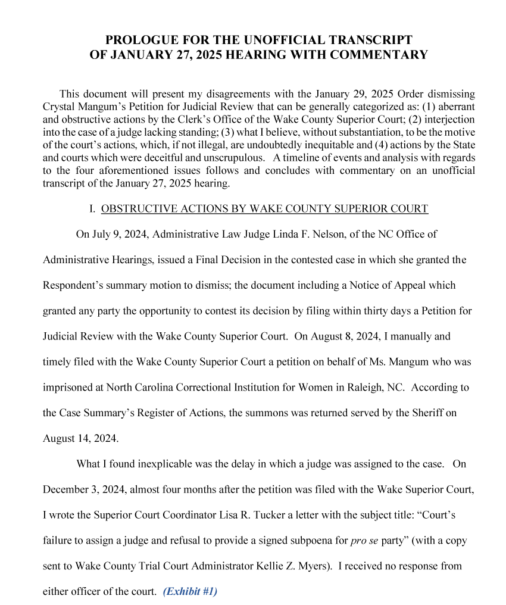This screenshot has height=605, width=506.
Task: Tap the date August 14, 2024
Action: click(x=81, y=438)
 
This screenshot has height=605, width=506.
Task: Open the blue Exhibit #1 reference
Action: click(x=190, y=592)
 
